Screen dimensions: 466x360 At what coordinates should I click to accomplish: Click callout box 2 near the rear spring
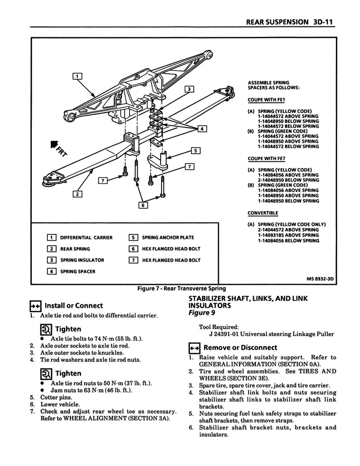coord(77,194)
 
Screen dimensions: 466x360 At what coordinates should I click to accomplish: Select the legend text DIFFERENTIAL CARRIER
coord(86,238)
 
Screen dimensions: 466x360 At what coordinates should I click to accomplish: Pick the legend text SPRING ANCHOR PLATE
coord(167,238)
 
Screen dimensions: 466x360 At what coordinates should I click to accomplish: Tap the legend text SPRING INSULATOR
coord(82,260)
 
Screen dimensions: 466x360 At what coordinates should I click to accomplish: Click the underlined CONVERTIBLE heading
coord(263,213)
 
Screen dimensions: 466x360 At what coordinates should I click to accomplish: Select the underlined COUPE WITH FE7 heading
coord(266,159)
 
